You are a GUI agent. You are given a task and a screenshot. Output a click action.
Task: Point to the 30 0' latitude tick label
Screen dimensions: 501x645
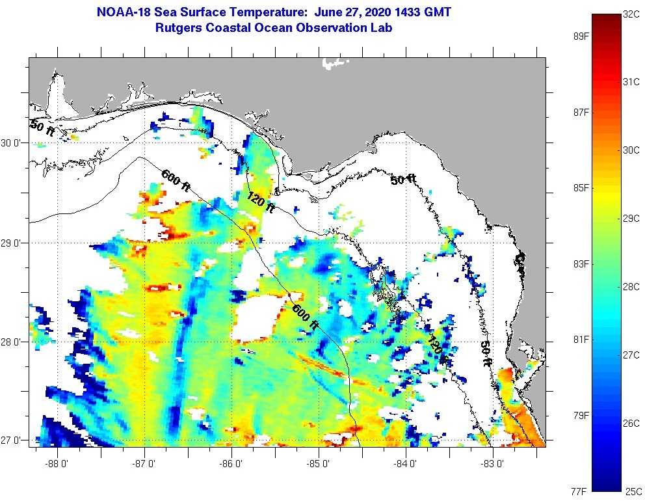click(12, 142)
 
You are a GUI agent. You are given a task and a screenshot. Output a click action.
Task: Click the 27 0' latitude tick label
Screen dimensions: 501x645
click(12, 440)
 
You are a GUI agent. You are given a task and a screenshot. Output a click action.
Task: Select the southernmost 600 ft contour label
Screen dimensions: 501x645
click(306, 316)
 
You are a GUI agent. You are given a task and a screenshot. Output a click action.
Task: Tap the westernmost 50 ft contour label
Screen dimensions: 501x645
click(42, 128)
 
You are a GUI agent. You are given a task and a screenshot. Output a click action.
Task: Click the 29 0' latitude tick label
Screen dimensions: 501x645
click(12, 243)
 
